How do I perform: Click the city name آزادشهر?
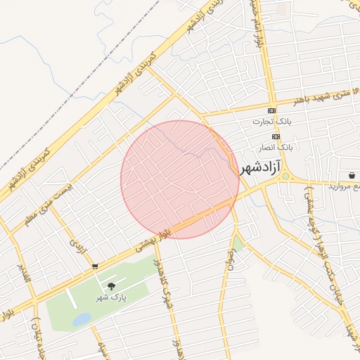pyautogui.click(x=260, y=168)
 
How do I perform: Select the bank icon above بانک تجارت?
pyautogui.click(x=272, y=111)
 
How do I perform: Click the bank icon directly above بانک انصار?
pyautogui.click(x=276, y=136)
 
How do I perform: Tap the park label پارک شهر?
pyautogui.click(x=110, y=297)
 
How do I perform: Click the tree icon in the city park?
pyautogui.click(x=110, y=285)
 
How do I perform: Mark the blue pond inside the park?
pyautogui.click(x=81, y=319)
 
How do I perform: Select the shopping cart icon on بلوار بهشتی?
pyautogui.click(x=95, y=266)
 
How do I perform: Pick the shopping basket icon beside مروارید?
pyautogui.click(x=351, y=174)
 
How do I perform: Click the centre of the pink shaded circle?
pyautogui.click(x=180, y=179)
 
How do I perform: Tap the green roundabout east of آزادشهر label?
pyautogui.click(x=285, y=176)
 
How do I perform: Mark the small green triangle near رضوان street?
pyautogui.click(x=239, y=244)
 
